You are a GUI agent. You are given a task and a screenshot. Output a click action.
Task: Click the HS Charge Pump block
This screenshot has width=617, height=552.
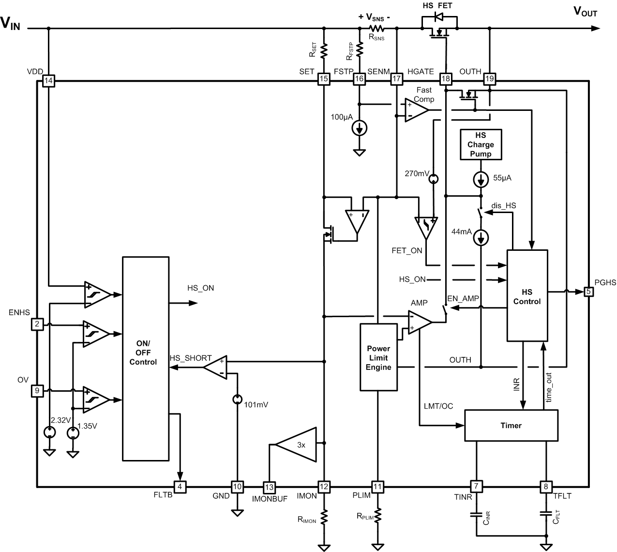(481, 144)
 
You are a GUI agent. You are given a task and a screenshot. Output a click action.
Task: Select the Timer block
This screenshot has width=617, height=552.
(511, 425)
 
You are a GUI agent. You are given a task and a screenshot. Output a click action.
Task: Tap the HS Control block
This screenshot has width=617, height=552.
(527, 296)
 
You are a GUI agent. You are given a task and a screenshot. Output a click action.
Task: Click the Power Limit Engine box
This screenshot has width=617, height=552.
(378, 357)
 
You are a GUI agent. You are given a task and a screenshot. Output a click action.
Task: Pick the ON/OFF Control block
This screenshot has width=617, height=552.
(145, 358)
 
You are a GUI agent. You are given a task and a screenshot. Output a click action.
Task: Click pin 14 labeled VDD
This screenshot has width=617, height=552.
(48, 80)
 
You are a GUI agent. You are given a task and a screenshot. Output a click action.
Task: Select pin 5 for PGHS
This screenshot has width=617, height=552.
(588, 291)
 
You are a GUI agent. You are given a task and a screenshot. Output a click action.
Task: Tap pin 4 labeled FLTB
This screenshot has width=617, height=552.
(180, 487)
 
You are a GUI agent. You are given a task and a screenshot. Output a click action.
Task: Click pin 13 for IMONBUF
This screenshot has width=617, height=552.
(269, 487)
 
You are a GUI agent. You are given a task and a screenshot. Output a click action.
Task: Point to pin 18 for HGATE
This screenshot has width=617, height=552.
(445, 79)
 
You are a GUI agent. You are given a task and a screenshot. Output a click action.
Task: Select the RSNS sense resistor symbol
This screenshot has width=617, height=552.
(376, 29)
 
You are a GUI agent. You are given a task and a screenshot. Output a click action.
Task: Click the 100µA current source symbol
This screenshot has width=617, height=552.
(360, 128)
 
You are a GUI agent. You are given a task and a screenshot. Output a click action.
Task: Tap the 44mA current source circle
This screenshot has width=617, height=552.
(481, 237)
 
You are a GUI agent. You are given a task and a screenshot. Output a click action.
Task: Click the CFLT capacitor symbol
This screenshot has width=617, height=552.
(546, 513)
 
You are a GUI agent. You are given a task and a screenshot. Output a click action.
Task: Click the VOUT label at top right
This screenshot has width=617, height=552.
(585, 12)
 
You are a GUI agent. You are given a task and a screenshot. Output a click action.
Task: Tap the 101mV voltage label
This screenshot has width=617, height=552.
(256, 404)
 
